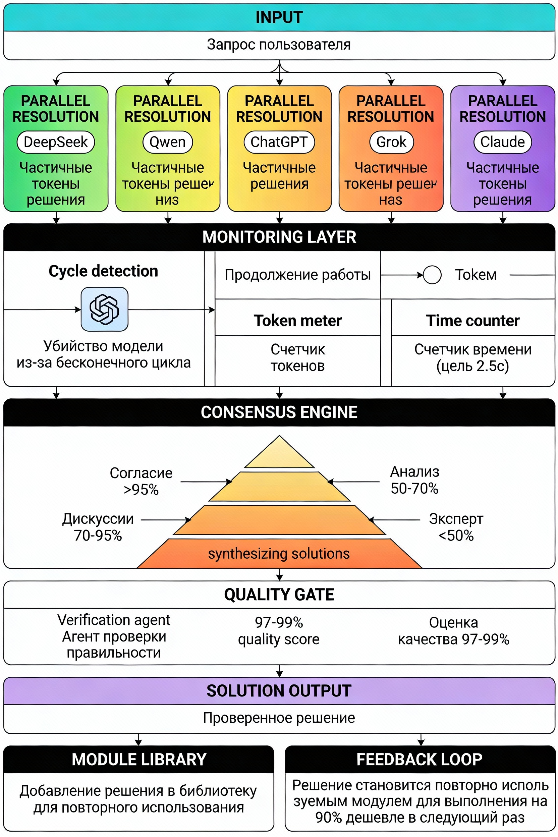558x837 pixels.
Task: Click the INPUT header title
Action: [279, 17]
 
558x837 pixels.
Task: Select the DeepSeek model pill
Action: [56, 142]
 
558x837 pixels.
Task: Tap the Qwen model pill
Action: [168, 142]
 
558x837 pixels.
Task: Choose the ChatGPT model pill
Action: [279, 142]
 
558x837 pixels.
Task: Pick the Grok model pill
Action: [391, 142]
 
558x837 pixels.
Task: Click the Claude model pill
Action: [502, 142]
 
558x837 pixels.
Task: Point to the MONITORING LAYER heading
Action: [279, 237]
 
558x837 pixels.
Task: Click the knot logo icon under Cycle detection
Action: [104, 309]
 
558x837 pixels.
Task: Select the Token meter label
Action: [297, 321]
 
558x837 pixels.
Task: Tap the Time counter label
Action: [472, 321]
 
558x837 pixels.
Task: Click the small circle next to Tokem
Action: [432, 275]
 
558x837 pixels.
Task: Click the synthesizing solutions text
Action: [279, 554]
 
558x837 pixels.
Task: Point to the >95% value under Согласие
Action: [141, 490]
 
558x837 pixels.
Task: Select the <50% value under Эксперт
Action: [456, 536]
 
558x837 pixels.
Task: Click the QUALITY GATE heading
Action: [279, 595]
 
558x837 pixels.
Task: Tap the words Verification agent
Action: [114, 620]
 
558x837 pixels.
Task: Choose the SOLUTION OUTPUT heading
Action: [279, 691]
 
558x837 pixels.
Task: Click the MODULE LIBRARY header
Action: [139, 760]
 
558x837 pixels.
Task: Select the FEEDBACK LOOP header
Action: [420, 760]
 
